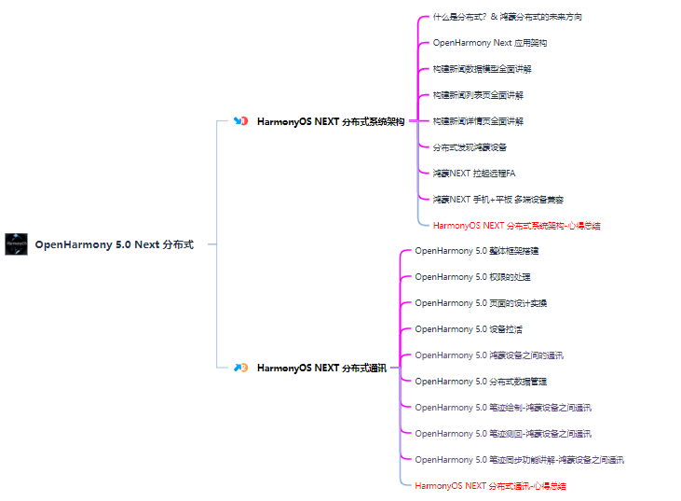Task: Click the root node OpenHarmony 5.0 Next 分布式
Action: [x=114, y=244]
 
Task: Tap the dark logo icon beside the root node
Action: [x=16, y=244]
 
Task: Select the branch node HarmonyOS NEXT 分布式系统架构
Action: [x=330, y=121]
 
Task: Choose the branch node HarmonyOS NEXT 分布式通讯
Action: [x=321, y=368]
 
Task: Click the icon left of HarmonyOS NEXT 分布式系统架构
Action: [x=240, y=121]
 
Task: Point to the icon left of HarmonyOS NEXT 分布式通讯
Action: [x=240, y=368]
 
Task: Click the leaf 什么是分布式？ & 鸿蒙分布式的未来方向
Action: [x=507, y=17]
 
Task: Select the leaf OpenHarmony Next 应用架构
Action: [x=490, y=43]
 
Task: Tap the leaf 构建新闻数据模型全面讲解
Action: [x=482, y=69]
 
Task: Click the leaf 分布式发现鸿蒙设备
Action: [x=470, y=147]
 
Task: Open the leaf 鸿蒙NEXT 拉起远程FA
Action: [x=473, y=174]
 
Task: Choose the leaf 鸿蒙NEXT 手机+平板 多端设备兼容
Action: [x=497, y=200]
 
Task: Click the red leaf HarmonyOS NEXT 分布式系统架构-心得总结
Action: [x=516, y=225]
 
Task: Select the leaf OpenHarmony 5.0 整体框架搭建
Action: [x=476, y=251]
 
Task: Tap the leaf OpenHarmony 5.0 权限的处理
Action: [x=472, y=277]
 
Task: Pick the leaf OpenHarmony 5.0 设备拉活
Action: [x=468, y=329]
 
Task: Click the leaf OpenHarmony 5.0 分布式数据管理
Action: [x=481, y=382]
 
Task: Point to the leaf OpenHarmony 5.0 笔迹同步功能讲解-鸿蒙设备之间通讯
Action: [x=519, y=460]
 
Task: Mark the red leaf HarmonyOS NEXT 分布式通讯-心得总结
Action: [x=490, y=486]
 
